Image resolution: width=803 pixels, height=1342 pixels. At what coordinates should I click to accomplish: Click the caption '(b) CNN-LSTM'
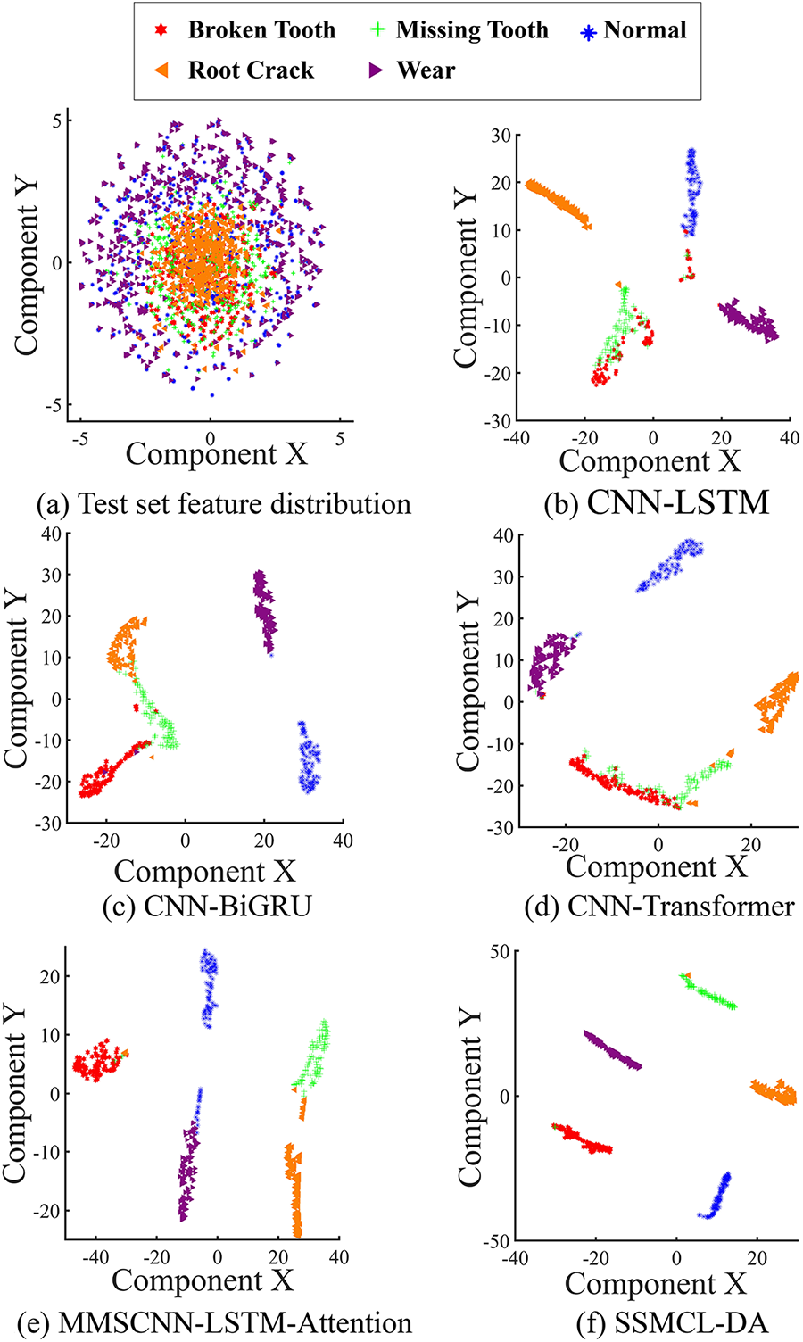click(656, 503)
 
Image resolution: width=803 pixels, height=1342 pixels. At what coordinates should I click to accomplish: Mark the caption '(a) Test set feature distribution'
click(224, 504)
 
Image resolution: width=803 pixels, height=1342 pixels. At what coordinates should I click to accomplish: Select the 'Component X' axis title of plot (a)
click(216, 454)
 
